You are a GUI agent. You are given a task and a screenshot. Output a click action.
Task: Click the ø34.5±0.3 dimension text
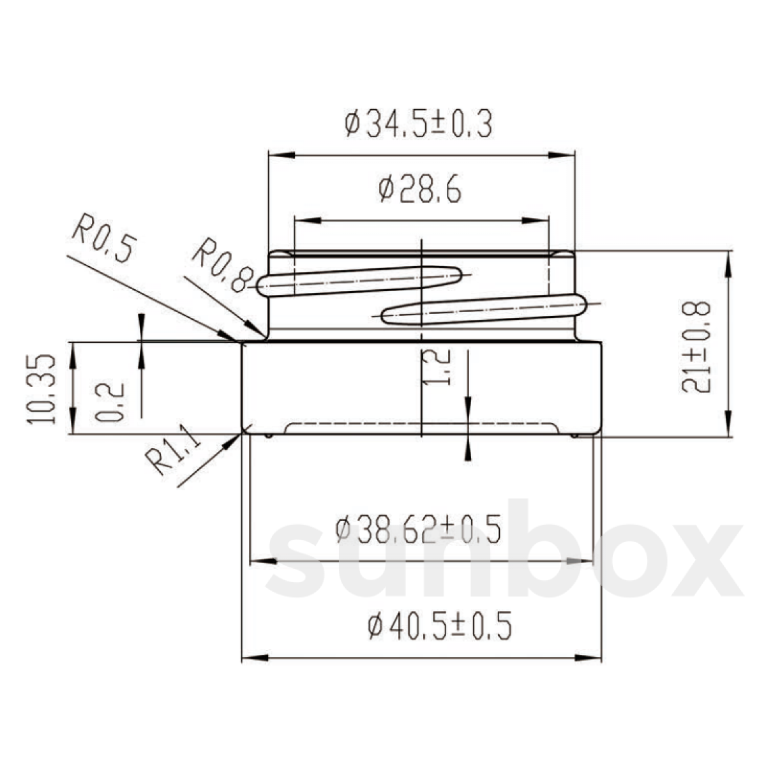coord(418,124)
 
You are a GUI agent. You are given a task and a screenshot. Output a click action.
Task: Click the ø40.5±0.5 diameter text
coord(440,627)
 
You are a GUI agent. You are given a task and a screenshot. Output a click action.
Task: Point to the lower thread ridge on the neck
coord(485,308)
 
